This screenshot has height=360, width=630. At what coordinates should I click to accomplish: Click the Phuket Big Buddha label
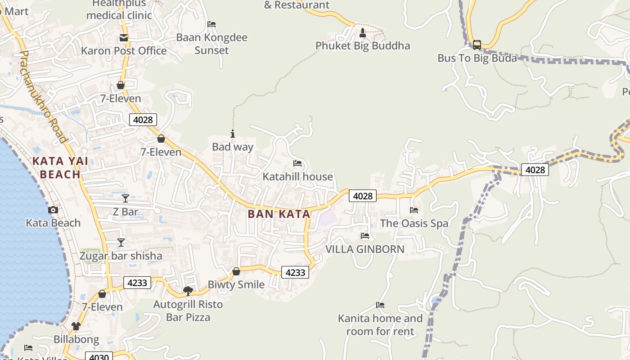pyautogui.click(x=363, y=46)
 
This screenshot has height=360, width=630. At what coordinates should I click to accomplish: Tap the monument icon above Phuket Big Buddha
pyautogui.click(x=363, y=32)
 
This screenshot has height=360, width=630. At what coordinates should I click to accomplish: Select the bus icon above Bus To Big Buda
pyautogui.click(x=477, y=45)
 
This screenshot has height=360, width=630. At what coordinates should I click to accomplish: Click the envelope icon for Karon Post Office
pyautogui.click(x=123, y=38)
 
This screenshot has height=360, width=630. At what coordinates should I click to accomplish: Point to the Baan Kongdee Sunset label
pyautogui.click(x=211, y=44)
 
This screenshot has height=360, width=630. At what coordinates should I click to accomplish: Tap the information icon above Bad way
pyautogui.click(x=233, y=134)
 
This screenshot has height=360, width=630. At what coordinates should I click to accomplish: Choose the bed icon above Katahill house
pyautogui.click(x=297, y=163)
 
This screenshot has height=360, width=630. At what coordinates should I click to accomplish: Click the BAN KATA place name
pyautogui.click(x=279, y=214)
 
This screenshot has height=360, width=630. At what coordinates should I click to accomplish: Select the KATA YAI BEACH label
pyautogui.click(x=60, y=167)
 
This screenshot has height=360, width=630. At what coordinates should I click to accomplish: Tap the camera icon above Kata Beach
pyautogui.click(x=53, y=210)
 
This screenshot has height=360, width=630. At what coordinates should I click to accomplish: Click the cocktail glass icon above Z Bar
pyautogui.click(x=126, y=198)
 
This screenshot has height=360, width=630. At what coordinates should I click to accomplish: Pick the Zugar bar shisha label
pyautogui.click(x=121, y=256)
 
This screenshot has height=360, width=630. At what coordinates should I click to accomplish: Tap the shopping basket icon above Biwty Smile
pyautogui.click(x=236, y=271)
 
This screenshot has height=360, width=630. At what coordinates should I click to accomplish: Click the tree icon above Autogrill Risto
pyautogui.click(x=188, y=291)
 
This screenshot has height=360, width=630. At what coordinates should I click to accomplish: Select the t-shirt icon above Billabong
pyautogui.click(x=76, y=326)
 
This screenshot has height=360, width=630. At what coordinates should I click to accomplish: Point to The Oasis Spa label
pyautogui.click(x=414, y=224)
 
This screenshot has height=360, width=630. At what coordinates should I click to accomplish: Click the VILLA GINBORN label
pyautogui.click(x=364, y=249)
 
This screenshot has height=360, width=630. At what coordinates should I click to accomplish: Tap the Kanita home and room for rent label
pyautogui.click(x=380, y=325)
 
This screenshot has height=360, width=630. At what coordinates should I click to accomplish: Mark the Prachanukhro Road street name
pyautogui.click(x=43, y=96)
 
